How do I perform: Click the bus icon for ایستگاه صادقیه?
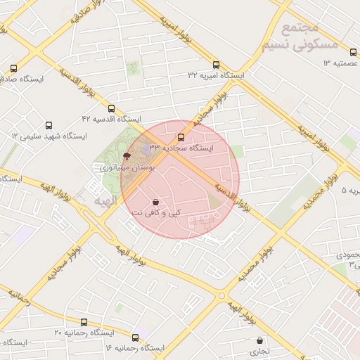pos(13,69)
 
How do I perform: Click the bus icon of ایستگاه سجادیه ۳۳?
pos(181,138)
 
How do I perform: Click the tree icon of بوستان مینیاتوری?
pos(127,157)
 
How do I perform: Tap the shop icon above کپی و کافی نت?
pos(155,202)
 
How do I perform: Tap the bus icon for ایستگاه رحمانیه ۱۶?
pos(135,337)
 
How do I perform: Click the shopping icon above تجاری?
pos(260,340)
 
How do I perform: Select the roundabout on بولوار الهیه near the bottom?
pos(222,295)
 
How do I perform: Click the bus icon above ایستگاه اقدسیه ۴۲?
pos(111,108)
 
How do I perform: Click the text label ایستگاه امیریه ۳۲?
pos(215,75)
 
